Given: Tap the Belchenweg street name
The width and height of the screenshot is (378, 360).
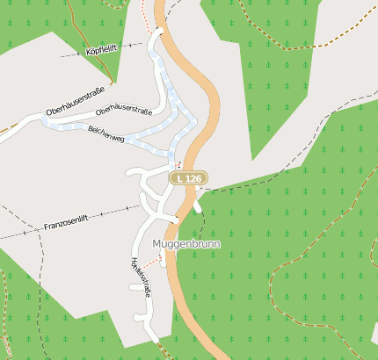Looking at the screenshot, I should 105,131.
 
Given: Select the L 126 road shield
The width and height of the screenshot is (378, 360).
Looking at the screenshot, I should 188,178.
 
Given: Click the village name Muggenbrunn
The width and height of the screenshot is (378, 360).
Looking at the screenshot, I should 185,243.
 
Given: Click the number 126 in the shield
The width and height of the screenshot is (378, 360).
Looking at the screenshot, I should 193,178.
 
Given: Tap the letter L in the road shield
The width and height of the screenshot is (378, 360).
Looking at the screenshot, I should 180,178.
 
